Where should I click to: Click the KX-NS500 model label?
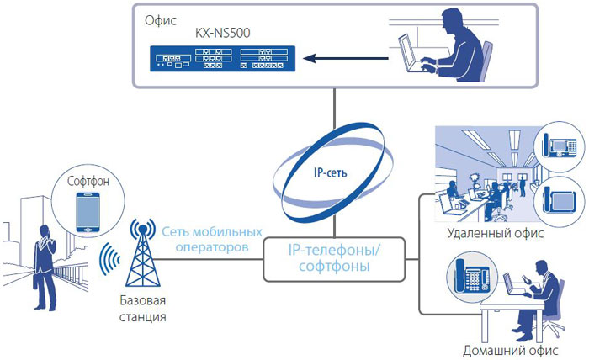[x=222, y=33]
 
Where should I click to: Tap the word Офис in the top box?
[x=161, y=20]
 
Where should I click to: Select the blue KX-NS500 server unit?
[x=222, y=59]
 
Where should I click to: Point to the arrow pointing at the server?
[x=346, y=58]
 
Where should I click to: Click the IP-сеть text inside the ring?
[x=330, y=172]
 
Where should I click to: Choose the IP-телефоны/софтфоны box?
[x=334, y=259]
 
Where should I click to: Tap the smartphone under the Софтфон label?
[x=88, y=213]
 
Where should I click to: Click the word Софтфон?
[x=88, y=182]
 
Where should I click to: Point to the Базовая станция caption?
[x=143, y=309]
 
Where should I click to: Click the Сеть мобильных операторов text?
[x=212, y=240]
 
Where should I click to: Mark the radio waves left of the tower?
[x=109, y=259]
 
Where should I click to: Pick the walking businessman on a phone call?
[x=45, y=267]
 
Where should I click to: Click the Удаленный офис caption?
[x=495, y=233]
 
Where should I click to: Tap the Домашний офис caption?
[x=510, y=351]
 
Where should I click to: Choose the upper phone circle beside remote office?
[x=559, y=146]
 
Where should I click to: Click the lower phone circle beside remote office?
[x=559, y=200]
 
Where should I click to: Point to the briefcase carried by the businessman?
[x=35, y=282]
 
